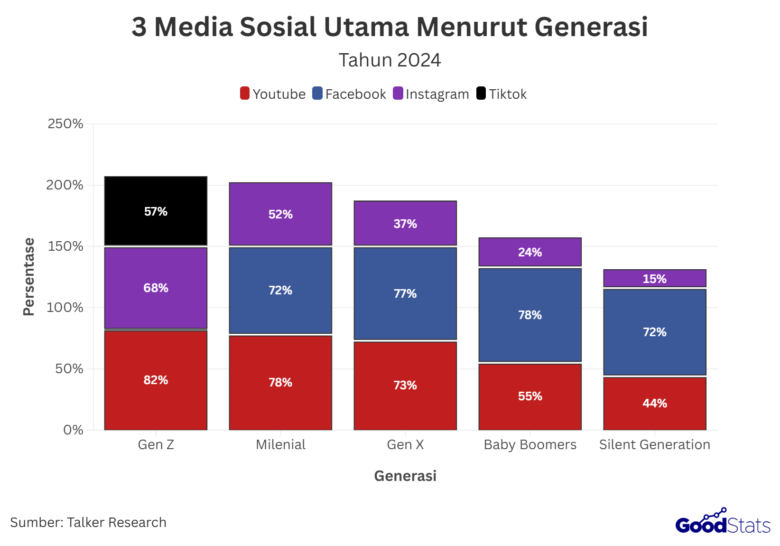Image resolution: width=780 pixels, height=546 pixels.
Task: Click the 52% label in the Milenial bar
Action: click(280, 214)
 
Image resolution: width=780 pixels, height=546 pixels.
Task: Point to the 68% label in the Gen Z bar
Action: click(156, 288)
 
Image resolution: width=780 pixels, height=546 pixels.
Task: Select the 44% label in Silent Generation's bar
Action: click(654, 403)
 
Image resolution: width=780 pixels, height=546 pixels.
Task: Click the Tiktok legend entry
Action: click(501, 94)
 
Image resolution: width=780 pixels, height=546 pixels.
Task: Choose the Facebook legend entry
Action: click(349, 94)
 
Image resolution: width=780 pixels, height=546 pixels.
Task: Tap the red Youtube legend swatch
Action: click(245, 94)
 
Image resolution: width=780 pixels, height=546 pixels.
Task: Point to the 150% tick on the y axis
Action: click(65, 246)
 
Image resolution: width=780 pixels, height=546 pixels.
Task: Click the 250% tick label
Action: click(65, 124)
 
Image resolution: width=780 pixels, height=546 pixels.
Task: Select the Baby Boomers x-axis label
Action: click(529, 444)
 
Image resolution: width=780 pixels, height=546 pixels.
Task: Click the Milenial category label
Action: click(280, 444)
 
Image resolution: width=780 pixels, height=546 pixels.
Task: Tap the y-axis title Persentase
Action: click(29, 276)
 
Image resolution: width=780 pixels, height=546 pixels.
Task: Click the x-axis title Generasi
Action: click(405, 476)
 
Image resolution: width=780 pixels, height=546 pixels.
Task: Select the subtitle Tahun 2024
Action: click(390, 60)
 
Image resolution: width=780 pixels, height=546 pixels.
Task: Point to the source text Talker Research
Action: click(117, 522)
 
